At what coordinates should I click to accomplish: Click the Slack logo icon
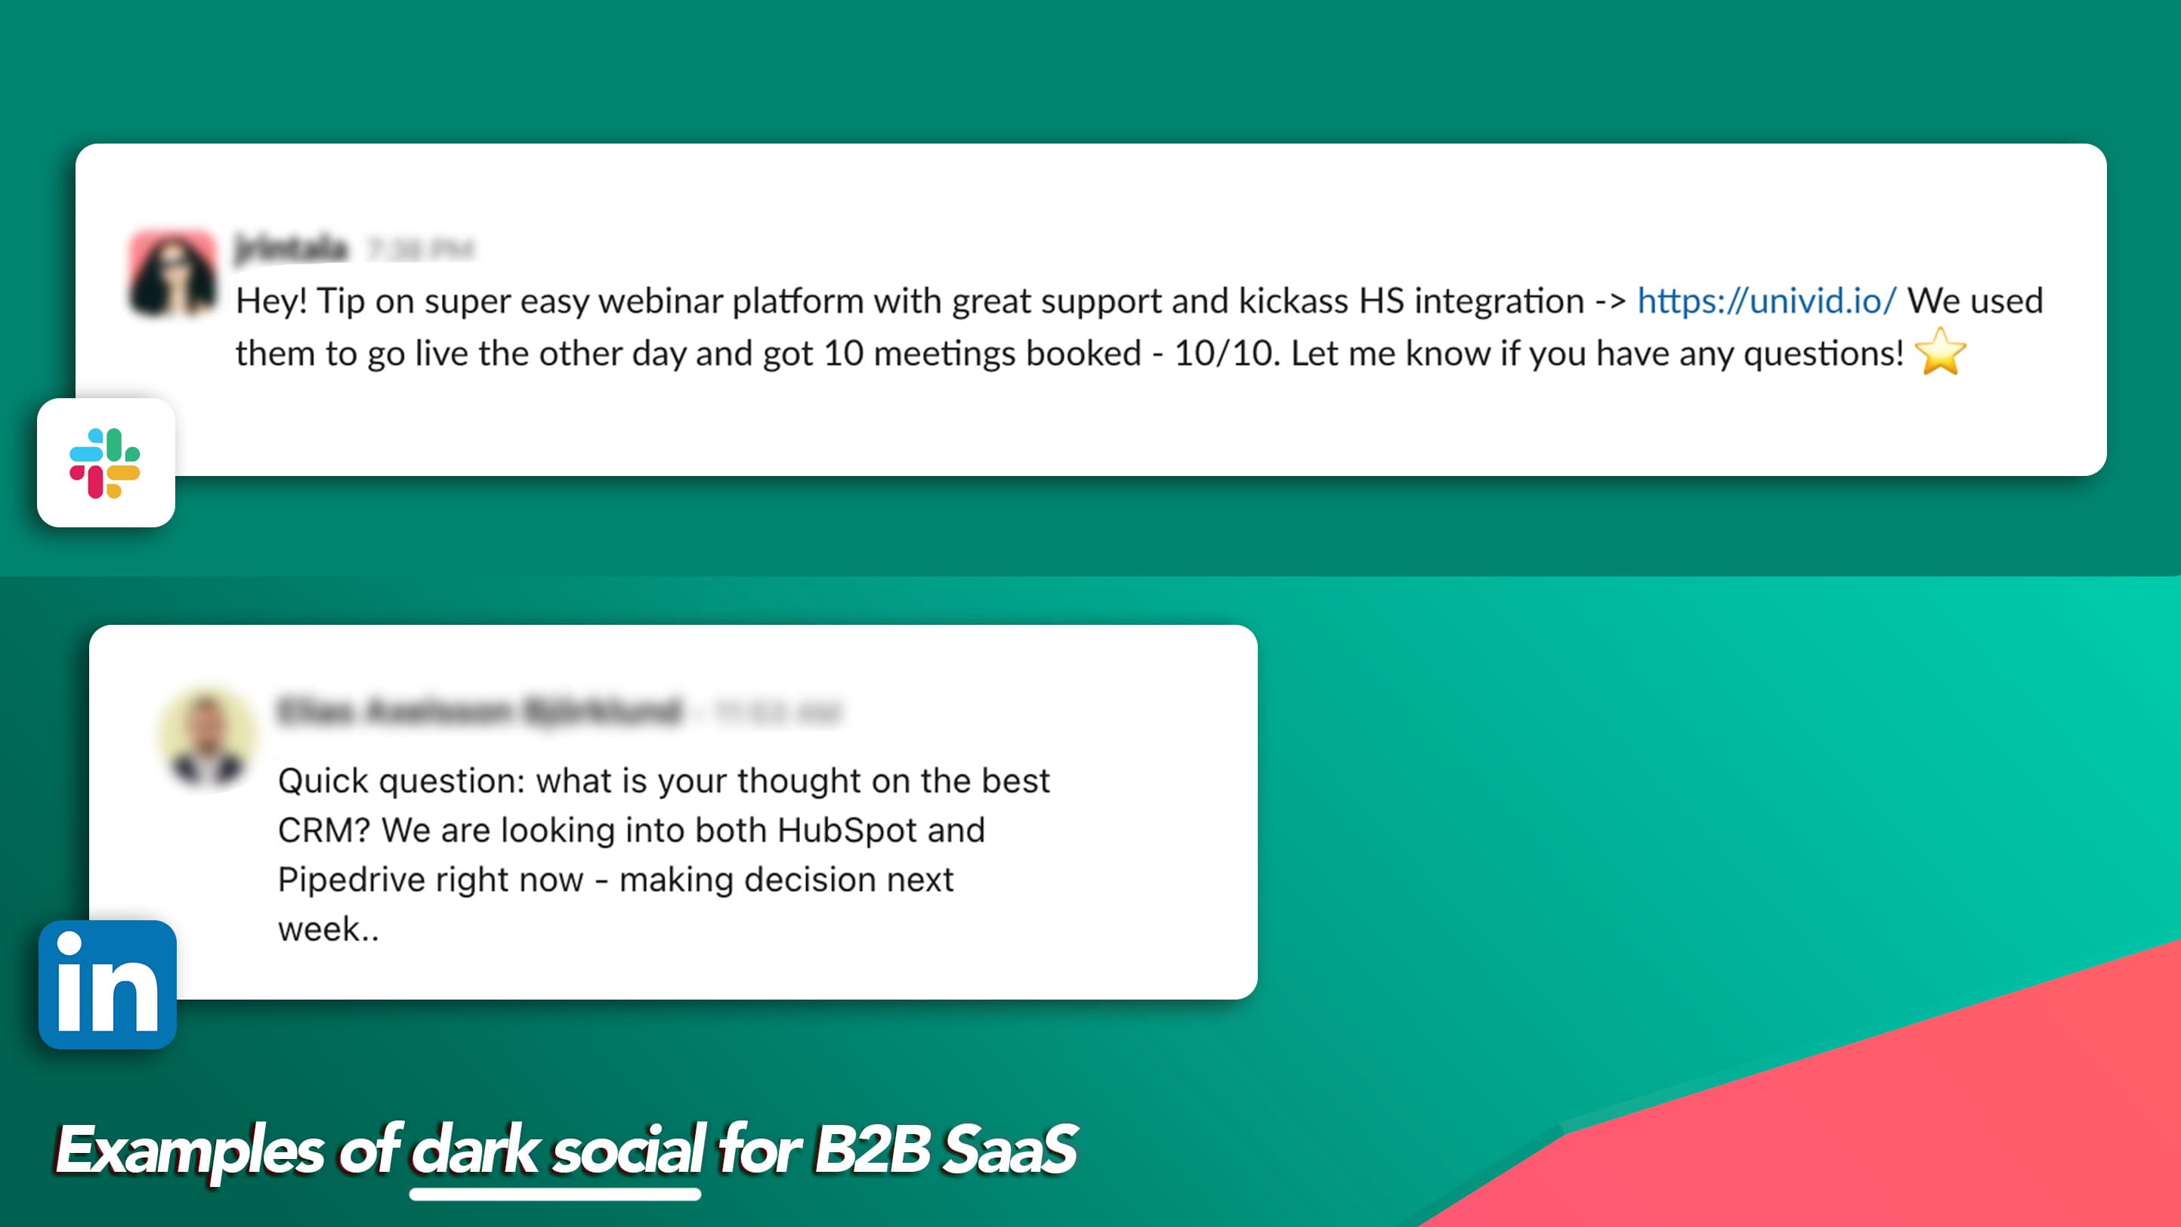[x=105, y=463]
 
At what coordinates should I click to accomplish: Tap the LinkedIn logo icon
[x=107, y=984]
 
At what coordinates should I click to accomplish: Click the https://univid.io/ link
[x=1766, y=301]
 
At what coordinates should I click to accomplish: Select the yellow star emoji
[x=1940, y=352]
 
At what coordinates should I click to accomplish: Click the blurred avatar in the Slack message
[x=173, y=273]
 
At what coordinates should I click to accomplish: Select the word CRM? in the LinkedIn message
[x=323, y=830]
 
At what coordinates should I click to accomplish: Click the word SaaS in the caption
[x=1009, y=1150]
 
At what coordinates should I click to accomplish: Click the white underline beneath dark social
[x=555, y=1194]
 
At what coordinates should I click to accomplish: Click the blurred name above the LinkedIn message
[x=479, y=710]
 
